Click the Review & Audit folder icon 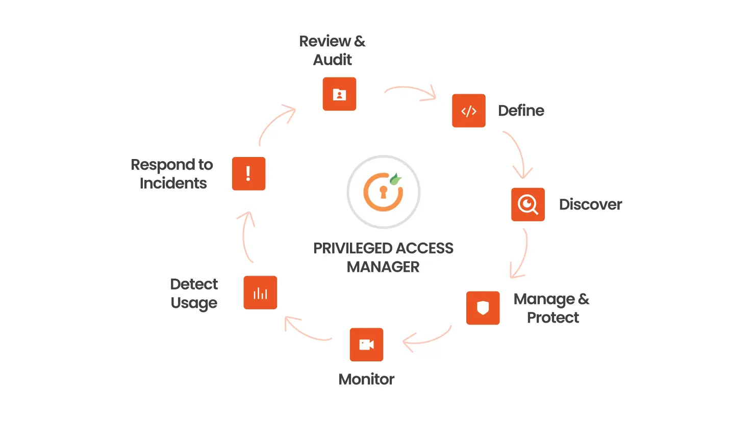pyautogui.click(x=339, y=94)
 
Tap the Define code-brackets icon pyautogui.click(x=468, y=111)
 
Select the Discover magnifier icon pyautogui.click(x=528, y=204)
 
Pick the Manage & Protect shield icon pyautogui.click(x=483, y=308)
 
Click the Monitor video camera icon pyautogui.click(x=366, y=345)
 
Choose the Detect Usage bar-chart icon pyautogui.click(x=260, y=293)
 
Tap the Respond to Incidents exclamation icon pyautogui.click(x=248, y=174)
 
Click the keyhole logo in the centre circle pyautogui.click(x=383, y=192)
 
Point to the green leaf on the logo pyautogui.click(x=395, y=179)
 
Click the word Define pyautogui.click(x=521, y=111)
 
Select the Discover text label pyautogui.click(x=590, y=204)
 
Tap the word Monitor pyautogui.click(x=366, y=379)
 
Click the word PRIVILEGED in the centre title pyautogui.click(x=345, y=248)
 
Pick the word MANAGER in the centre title pyautogui.click(x=383, y=267)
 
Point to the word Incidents pyautogui.click(x=173, y=183)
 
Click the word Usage pyautogui.click(x=194, y=303)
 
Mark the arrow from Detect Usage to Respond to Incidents pyautogui.click(x=246, y=236)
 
